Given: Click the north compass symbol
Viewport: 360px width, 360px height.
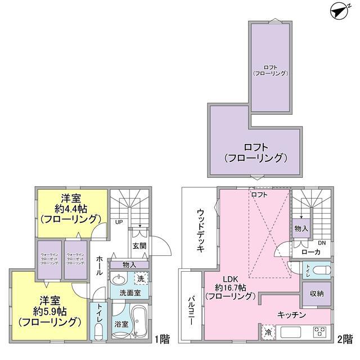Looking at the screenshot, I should (340, 10).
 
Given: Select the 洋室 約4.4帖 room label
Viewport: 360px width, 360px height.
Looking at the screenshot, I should (72, 208).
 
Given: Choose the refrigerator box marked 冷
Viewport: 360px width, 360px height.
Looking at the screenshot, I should (268, 332).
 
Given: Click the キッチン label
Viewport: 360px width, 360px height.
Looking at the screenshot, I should (291, 315).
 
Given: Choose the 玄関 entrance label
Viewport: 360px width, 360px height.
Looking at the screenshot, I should (138, 246).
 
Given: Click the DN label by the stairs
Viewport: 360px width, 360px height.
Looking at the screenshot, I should (322, 243).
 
